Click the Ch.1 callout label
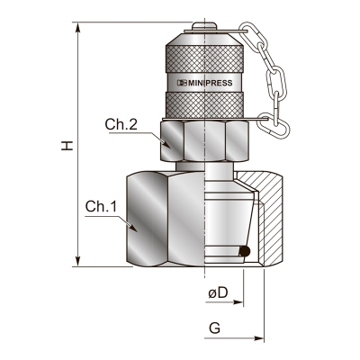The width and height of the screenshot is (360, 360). [101, 206]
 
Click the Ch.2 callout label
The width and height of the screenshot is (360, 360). [121, 124]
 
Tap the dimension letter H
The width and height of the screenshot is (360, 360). [67, 145]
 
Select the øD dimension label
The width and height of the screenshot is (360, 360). [219, 292]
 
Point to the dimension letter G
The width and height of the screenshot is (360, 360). [215, 328]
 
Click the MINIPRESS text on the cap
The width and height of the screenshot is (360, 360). [210, 83]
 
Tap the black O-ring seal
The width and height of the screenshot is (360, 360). [245, 251]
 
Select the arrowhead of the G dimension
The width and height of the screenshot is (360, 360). [258, 338]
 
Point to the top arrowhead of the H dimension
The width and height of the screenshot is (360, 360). [78, 27]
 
